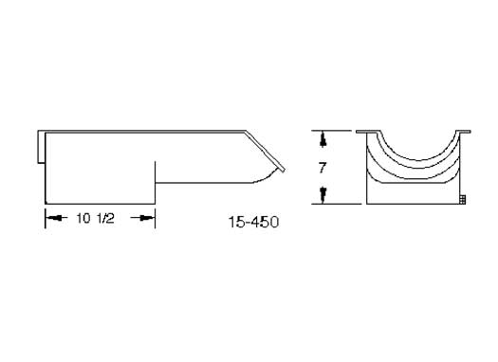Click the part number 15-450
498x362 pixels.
pos(254,222)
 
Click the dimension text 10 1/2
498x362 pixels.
pos(95,218)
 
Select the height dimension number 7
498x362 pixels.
pos(323,168)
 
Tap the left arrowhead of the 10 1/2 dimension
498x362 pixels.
pos(53,218)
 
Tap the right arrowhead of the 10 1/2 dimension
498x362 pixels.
pos(147,218)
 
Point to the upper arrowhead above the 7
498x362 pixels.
pos(323,141)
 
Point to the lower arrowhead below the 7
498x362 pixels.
pos(323,193)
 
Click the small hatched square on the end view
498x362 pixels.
pos(463,199)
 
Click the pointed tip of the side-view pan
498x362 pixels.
pos(285,170)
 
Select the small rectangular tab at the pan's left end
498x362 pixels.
pos(42,147)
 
